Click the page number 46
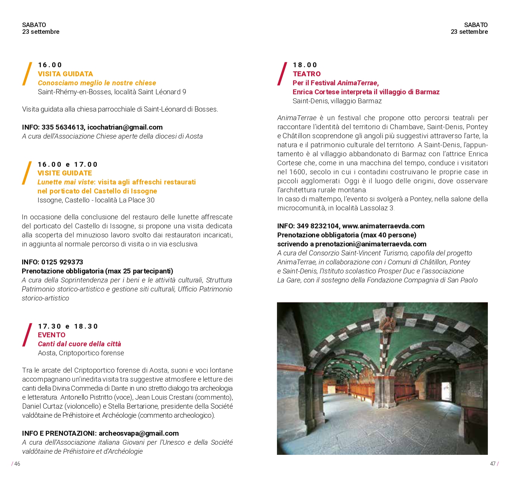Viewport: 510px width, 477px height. click(x=17, y=464)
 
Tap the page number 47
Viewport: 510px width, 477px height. click(x=493, y=464)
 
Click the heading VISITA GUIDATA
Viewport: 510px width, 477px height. click(x=65, y=74)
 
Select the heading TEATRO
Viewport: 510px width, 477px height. click(x=307, y=74)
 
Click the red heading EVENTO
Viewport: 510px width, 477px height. click(x=51, y=335)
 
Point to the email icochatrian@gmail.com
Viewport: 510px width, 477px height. click(x=125, y=127)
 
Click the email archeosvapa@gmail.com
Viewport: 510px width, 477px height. click(x=138, y=433)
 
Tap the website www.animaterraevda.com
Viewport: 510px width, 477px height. click(x=383, y=226)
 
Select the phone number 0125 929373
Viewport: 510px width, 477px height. click(x=62, y=262)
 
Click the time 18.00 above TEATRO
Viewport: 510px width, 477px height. click(x=305, y=65)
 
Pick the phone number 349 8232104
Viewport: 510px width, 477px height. click(x=317, y=226)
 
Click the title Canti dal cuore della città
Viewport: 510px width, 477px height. click(x=80, y=344)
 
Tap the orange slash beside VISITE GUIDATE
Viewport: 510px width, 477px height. click(x=27, y=174)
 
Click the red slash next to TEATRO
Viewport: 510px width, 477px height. click(x=282, y=74)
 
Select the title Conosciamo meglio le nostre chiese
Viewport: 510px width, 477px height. click(x=97, y=83)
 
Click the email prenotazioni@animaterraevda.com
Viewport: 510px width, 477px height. click(x=371, y=244)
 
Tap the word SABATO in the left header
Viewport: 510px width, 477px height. click(x=34, y=25)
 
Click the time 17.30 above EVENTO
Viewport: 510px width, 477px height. click(x=50, y=326)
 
